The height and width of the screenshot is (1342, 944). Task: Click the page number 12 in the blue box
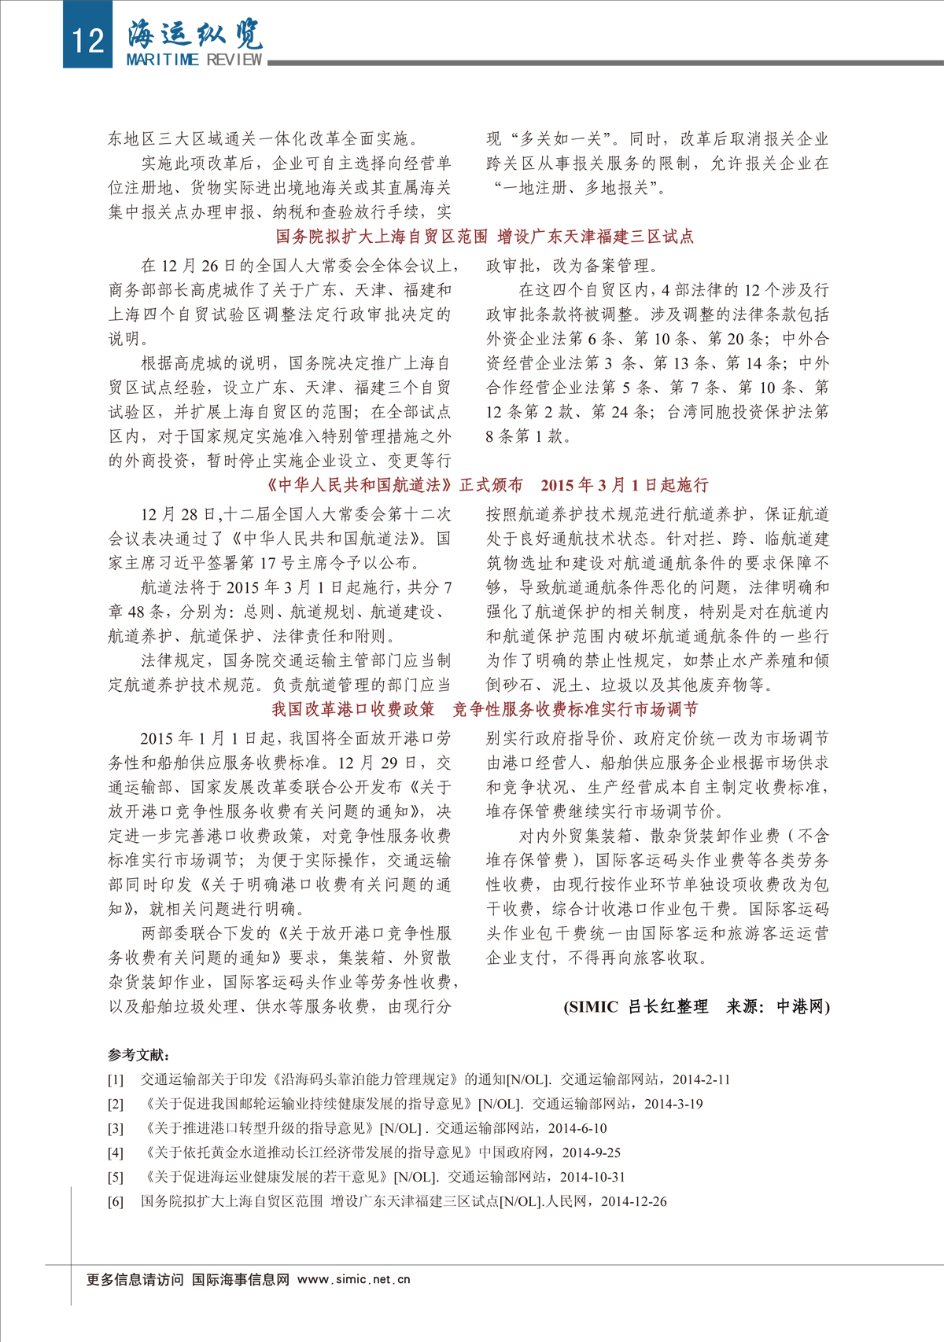tap(87, 38)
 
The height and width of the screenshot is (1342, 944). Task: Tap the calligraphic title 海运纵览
tap(194, 34)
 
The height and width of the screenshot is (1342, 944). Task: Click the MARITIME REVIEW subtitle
tap(194, 60)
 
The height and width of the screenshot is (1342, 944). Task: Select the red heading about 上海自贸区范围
tap(485, 237)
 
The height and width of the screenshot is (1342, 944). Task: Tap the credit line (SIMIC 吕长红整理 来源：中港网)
tap(696, 1006)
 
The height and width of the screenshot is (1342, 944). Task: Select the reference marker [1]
tap(116, 1080)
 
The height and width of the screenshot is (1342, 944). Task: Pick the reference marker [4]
tap(116, 1153)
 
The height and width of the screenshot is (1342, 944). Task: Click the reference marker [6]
tap(116, 1202)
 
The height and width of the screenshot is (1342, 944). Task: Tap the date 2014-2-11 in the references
tap(702, 1080)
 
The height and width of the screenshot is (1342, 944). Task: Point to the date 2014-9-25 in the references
tap(592, 1153)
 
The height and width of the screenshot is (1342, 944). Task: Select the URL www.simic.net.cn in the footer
tap(354, 1279)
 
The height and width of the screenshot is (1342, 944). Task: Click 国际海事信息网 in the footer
tap(241, 1279)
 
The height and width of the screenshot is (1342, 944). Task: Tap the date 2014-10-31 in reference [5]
tap(592, 1178)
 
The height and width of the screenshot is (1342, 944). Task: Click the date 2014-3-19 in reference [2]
tap(673, 1105)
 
